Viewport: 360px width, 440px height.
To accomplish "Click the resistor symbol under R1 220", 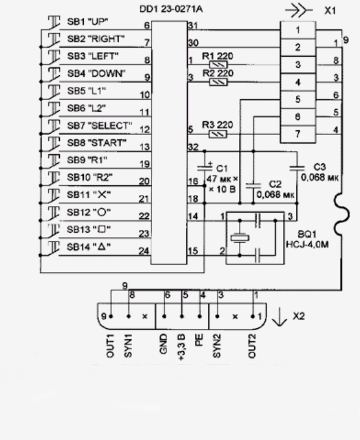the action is click(x=218, y=65).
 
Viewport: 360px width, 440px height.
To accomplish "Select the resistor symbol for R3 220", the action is click(x=218, y=134).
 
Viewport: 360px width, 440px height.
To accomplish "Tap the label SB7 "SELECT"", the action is click(x=100, y=125).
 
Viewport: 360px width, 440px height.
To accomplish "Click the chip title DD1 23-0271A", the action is click(x=171, y=9).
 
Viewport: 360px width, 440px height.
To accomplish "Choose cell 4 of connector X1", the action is click(x=298, y=82).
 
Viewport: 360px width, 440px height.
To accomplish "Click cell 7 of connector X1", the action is click(x=298, y=134).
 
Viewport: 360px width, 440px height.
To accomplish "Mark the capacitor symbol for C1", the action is click(x=205, y=168).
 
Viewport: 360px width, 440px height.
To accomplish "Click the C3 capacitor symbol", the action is click(x=297, y=168).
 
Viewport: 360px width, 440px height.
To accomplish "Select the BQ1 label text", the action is click(x=307, y=234).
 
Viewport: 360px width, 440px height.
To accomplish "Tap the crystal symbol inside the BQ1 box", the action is click(x=240, y=238).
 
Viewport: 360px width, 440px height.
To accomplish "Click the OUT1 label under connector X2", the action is click(x=110, y=346).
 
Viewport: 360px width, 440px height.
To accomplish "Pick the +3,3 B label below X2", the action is click(x=182, y=347).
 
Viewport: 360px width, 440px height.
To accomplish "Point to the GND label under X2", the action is click(x=163, y=343).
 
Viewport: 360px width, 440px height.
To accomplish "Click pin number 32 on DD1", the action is click(x=193, y=147).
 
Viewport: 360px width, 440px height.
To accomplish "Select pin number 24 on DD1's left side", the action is click(x=144, y=251).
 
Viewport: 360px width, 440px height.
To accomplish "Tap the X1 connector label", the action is click(x=329, y=10).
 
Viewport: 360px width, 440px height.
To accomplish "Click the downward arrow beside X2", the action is click(x=279, y=317).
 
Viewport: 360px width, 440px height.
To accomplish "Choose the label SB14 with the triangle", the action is click(x=89, y=247).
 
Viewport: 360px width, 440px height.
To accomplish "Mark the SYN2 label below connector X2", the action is click(x=216, y=346).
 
